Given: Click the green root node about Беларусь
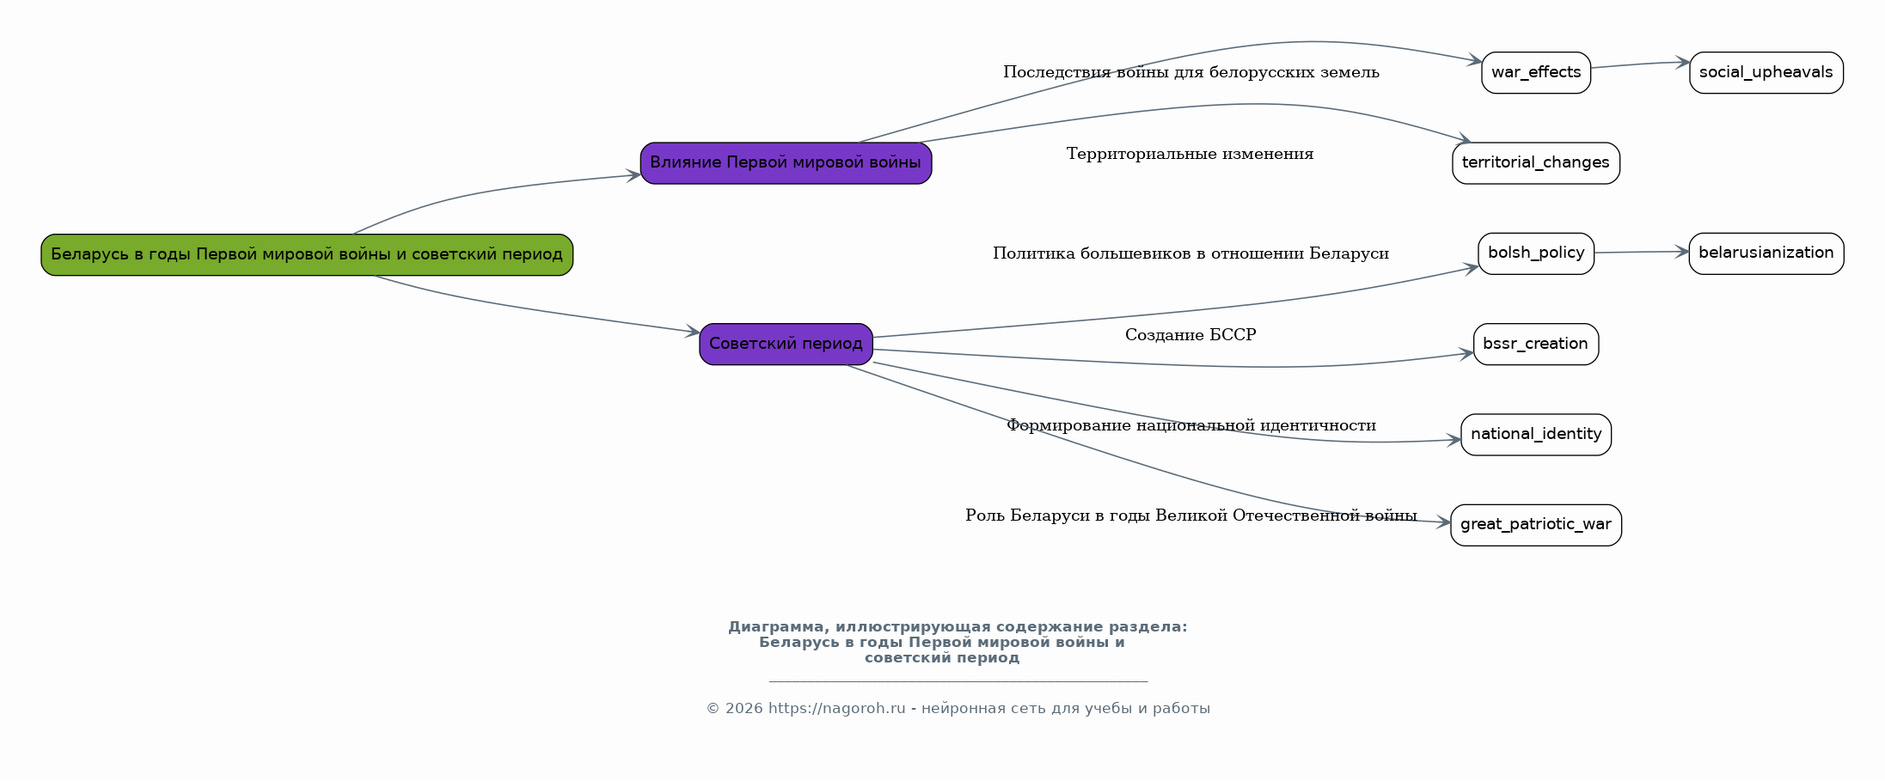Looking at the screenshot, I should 307,254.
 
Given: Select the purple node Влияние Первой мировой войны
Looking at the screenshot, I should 786,163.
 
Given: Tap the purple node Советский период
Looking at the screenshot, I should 786,344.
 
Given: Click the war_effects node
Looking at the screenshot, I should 1535,72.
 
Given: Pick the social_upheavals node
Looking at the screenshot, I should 1766,72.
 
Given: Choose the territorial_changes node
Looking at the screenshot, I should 1535,163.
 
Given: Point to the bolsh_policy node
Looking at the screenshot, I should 1535,253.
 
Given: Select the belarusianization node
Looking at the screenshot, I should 1766,253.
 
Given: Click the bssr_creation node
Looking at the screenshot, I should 1535,344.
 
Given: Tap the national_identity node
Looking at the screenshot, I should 1535,435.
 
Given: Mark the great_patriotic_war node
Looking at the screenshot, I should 1535,525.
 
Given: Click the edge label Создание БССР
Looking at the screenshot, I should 1190,335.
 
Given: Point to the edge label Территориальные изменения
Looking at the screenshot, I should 1190,154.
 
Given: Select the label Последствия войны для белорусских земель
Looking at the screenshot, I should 1190,72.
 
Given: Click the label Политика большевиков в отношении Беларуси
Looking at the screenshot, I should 1190,253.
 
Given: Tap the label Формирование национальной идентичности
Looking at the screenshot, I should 1190,425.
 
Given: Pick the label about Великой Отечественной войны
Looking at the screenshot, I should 1190,516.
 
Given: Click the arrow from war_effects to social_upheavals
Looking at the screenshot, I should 1639,64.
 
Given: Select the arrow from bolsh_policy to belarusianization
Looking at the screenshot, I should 1641,252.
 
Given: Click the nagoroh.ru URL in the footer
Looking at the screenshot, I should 836,709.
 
